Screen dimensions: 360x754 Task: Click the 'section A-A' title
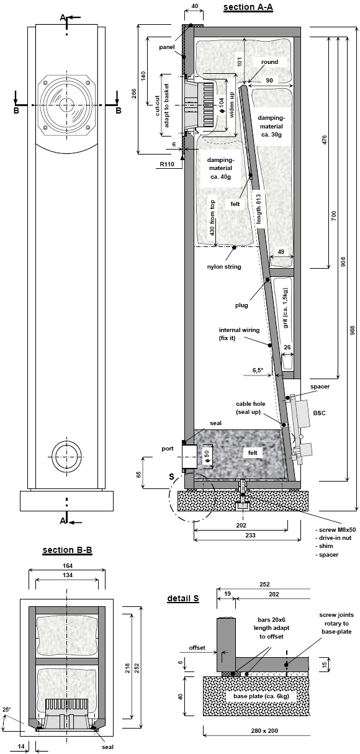(x=248, y=7)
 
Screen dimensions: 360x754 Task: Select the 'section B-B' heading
(x=68, y=550)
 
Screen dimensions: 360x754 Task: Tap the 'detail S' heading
(x=183, y=598)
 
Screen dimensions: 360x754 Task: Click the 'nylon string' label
(x=224, y=267)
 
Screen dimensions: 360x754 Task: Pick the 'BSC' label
(x=319, y=413)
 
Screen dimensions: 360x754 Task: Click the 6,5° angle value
(x=258, y=370)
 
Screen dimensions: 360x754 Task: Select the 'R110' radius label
(x=167, y=164)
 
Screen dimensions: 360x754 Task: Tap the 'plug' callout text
(x=241, y=305)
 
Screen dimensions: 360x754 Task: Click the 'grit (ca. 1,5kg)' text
(x=286, y=308)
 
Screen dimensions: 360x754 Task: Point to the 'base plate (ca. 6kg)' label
(x=261, y=696)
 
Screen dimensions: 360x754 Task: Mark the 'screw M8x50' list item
(x=335, y=530)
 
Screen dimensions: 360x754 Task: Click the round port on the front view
(x=67, y=457)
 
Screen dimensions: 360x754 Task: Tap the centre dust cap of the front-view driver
(x=66, y=105)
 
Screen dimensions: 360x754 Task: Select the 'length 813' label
(x=259, y=209)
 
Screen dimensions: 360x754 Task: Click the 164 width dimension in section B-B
(x=68, y=566)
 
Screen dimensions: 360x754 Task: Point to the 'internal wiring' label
(x=239, y=330)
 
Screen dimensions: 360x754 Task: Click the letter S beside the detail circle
(x=172, y=477)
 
